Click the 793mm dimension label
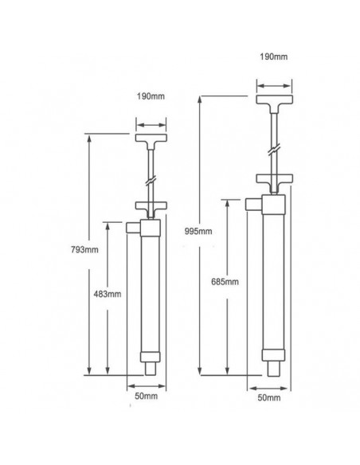84,250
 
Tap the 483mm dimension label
108,294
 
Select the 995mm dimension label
198,231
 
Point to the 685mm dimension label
225,281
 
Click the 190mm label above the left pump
151,96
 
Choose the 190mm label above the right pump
274,57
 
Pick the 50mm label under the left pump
147,397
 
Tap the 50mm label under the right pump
269,397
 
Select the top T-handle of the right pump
274,102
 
